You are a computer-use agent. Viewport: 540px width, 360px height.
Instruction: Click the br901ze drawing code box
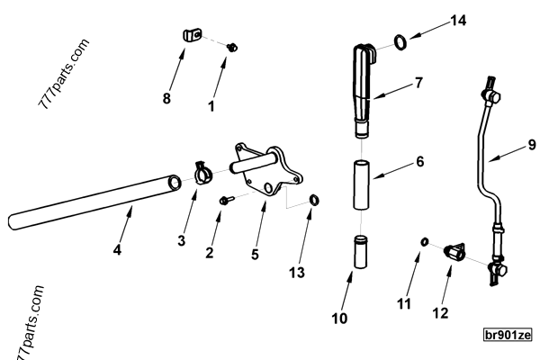[x=508, y=335]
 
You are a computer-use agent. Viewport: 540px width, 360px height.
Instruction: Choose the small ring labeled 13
[x=314, y=199]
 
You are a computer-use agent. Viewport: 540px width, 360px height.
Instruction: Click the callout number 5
[x=255, y=255]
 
